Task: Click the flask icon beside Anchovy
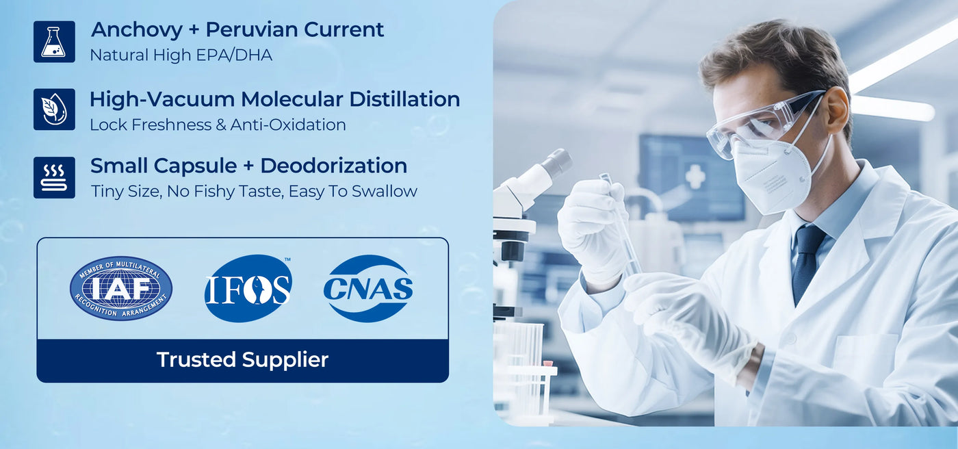pyautogui.click(x=54, y=42)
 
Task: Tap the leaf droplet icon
pyautogui.click(x=54, y=110)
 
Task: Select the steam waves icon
pyautogui.click(x=54, y=177)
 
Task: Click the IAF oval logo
pyautogui.click(x=121, y=288)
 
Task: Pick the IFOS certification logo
pyautogui.click(x=248, y=288)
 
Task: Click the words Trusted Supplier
pyautogui.click(x=242, y=359)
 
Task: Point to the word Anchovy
pyautogui.click(x=137, y=31)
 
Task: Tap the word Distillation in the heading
pyautogui.click(x=404, y=99)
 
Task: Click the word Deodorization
pyautogui.click(x=334, y=166)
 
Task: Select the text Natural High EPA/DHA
pyautogui.click(x=181, y=55)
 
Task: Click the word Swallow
pyautogui.click(x=384, y=191)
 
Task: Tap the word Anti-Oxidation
pyautogui.click(x=288, y=125)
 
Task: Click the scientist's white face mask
pyautogui.click(x=770, y=175)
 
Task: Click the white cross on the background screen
pyautogui.click(x=695, y=176)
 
